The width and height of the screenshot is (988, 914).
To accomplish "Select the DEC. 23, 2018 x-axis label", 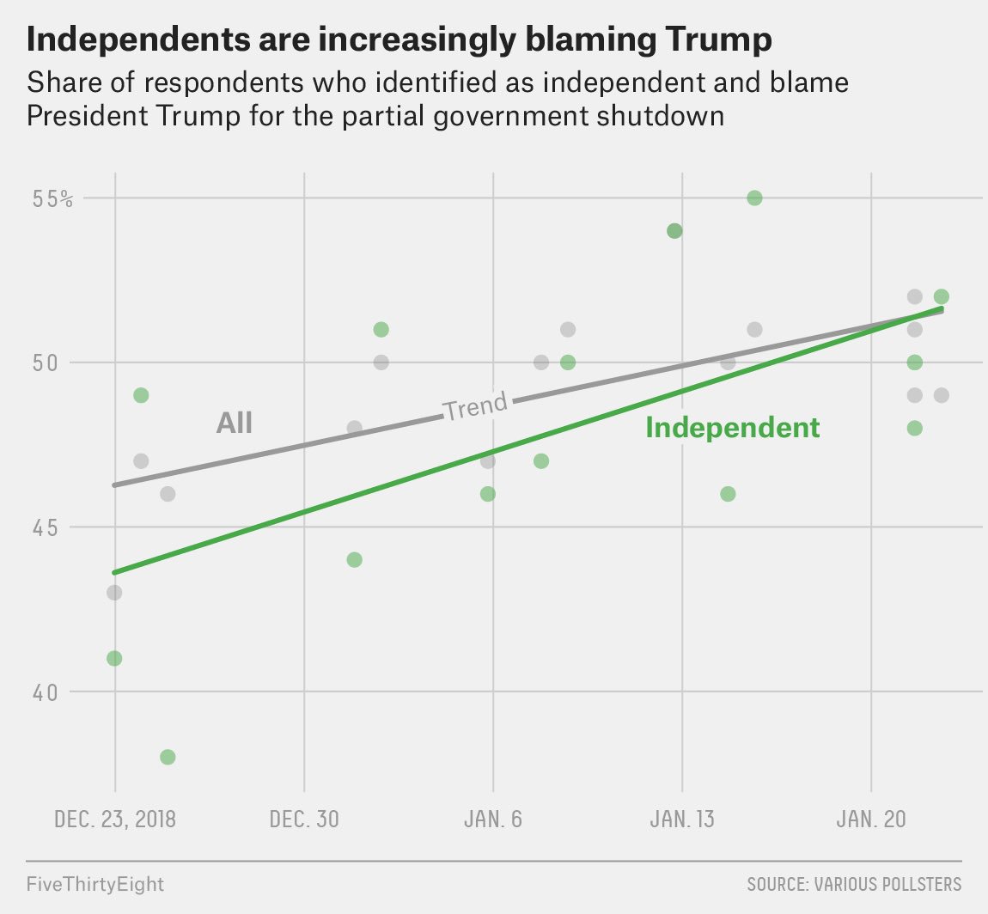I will click(115, 819).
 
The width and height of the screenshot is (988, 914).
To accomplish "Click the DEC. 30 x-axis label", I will click(304, 819).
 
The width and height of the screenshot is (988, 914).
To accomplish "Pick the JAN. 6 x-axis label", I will click(493, 819).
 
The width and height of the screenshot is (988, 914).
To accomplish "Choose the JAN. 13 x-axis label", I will click(682, 819).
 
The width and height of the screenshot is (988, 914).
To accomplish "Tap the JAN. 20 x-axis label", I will click(871, 819).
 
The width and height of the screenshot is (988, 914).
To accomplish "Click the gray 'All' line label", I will click(234, 423).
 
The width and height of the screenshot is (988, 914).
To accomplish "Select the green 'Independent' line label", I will click(733, 428).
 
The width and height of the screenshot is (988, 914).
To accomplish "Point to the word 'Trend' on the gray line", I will click(475, 405).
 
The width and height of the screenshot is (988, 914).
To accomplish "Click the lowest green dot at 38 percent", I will click(168, 757).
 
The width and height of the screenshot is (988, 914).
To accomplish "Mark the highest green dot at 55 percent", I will click(754, 198).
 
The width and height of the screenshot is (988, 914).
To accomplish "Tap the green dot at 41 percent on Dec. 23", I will click(114, 658).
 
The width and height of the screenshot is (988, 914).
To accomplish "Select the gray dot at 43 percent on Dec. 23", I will click(114, 593).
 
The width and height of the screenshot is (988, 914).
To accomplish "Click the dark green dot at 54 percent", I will click(674, 231).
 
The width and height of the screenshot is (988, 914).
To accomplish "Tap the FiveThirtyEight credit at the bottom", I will click(95, 883).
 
